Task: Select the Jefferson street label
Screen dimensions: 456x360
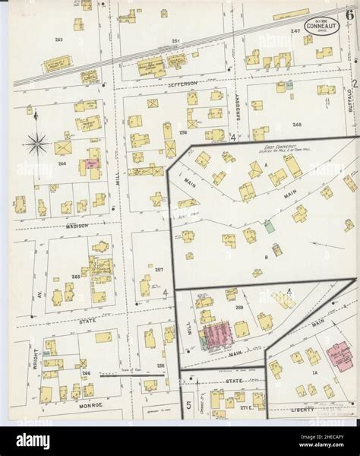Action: click(183, 83)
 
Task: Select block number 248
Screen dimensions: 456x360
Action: click(286, 124)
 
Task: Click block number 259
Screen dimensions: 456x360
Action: click(239, 306)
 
